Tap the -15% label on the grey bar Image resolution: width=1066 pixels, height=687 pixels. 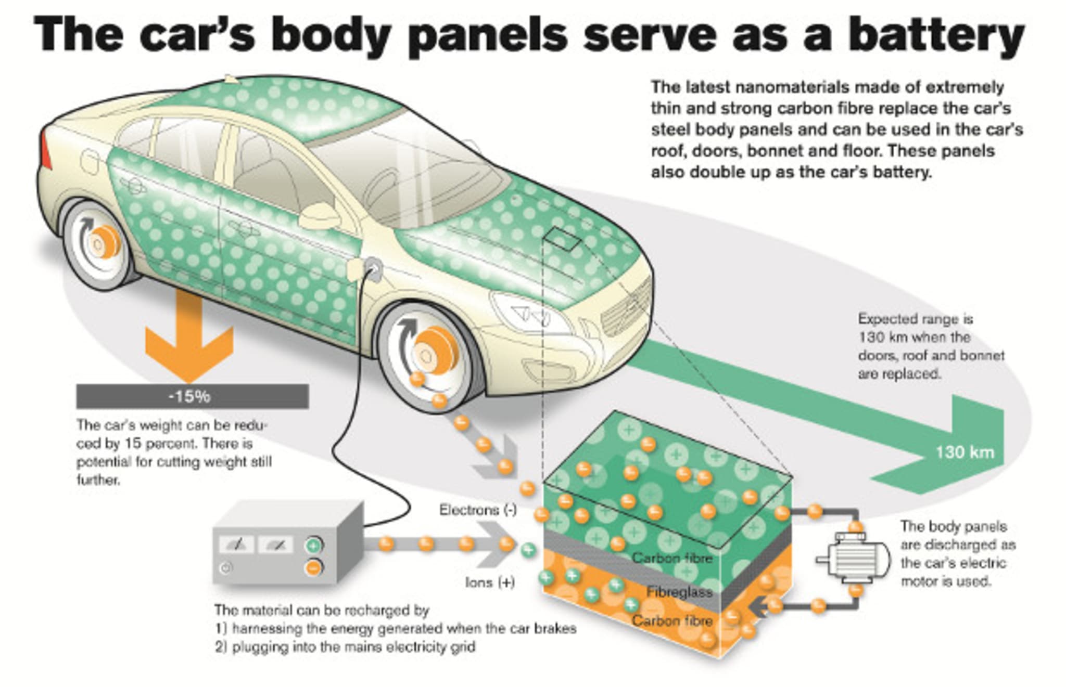coord(189,397)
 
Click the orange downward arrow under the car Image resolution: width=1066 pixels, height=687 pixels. coord(189,338)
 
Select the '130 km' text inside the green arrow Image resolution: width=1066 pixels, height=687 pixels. coord(965,452)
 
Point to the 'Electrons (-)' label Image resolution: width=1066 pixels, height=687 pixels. coord(477,510)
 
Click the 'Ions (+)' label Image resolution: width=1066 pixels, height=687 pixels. coord(490,582)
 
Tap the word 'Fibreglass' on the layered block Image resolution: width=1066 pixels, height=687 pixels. coord(679,592)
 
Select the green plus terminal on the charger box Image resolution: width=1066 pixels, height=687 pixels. coord(313,545)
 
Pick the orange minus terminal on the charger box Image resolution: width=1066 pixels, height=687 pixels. coord(313,567)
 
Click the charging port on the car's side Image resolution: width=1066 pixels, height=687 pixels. coord(372,268)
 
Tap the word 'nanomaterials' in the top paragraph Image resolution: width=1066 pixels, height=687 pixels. coord(801,87)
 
